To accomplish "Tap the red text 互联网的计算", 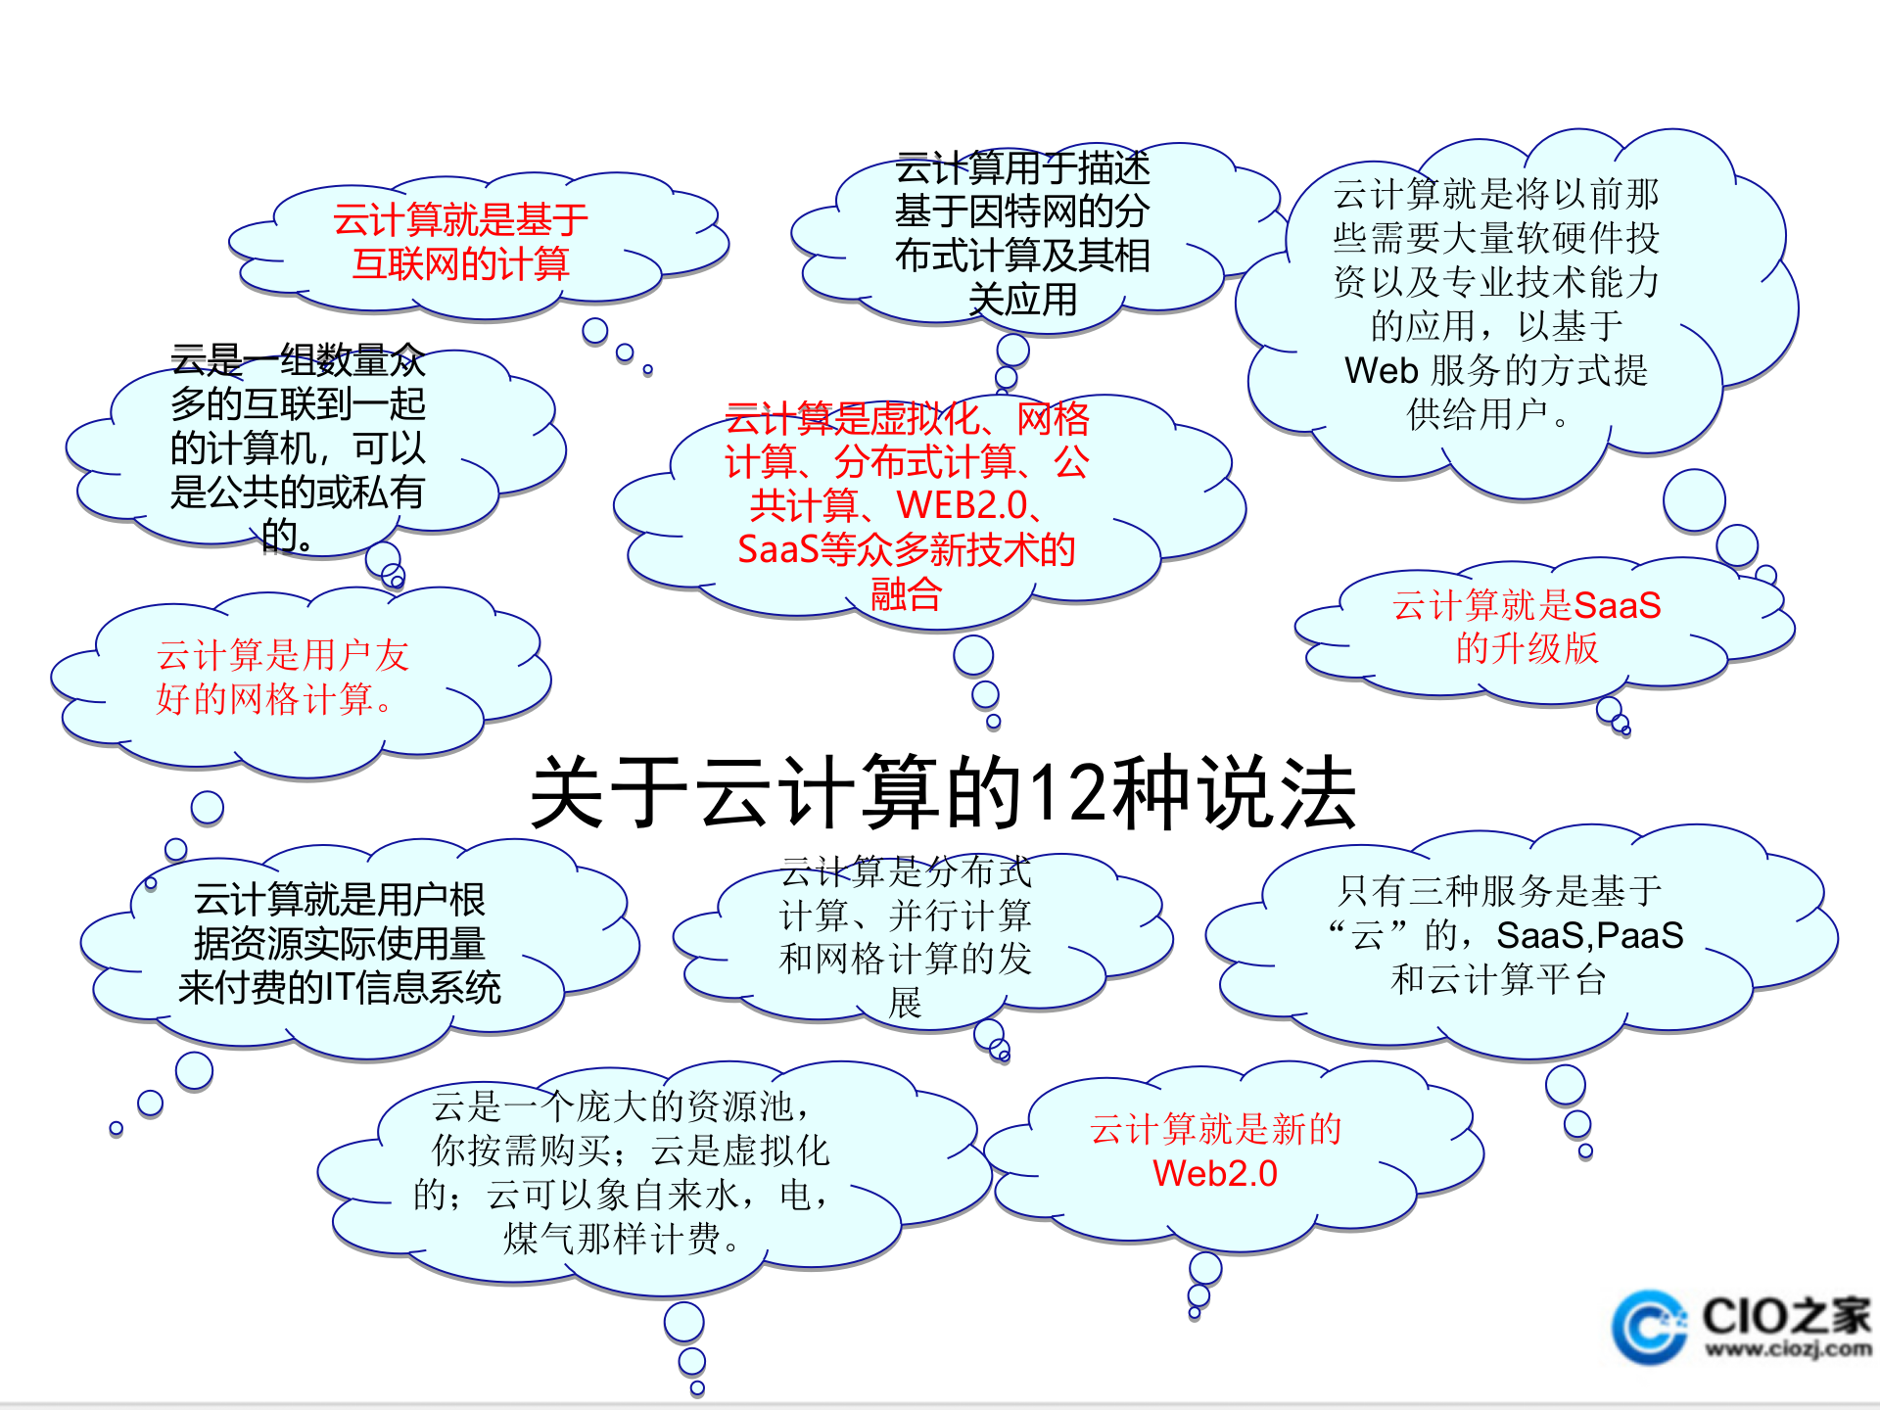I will click(x=460, y=264).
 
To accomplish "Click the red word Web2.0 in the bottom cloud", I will click(x=1214, y=1173).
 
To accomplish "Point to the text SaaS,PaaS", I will click(x=1589, y=935).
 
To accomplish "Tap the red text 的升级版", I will click(x=1527, y=648).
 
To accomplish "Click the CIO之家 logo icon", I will click(x=1651, y=1327).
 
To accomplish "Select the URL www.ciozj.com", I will click(x=1788, y=1349).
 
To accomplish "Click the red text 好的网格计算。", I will click(x=274, y=699).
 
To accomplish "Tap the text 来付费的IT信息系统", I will click(x=339, y=987).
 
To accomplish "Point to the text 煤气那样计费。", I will click(x=622, y=1239).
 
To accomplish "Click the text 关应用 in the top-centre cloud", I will click(x=1022, y=300).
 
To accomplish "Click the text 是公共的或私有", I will click(x=298, y=492).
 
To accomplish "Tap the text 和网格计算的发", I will click(x=906, y=959).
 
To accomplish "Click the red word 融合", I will click(x=906, y=593).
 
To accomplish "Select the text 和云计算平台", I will click(x=1498, y=979).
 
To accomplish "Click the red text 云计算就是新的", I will click(x=1215, y=1129).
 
